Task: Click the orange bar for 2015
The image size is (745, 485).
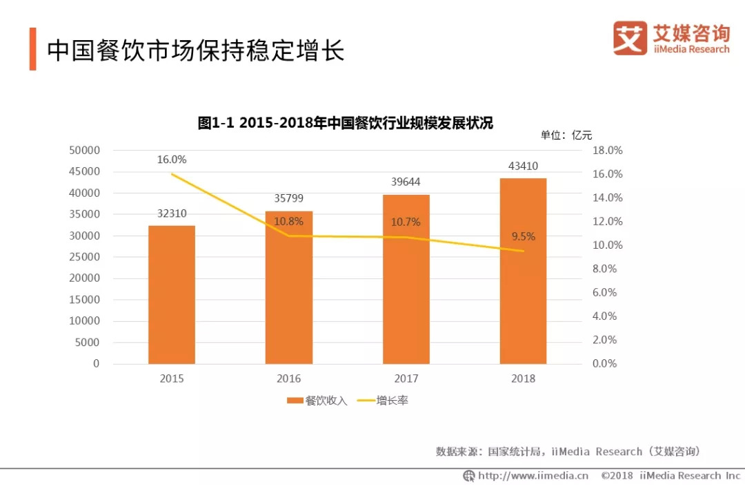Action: pos(172,294)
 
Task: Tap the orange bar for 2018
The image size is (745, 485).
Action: pos(524,271)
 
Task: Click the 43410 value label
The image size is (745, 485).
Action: pos(524,166)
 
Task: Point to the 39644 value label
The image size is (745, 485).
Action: pos(406,182)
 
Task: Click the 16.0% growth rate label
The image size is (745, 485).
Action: pos(172,160)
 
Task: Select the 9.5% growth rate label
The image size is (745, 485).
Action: pos(524,236)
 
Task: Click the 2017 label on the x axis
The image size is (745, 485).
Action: pos(406,379)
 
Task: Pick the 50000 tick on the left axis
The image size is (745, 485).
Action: pos(85,150)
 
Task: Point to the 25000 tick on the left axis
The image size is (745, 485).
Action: pos(85,257)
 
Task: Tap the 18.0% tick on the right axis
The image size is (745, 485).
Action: pos(608,150)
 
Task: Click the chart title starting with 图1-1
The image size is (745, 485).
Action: pos(346,123)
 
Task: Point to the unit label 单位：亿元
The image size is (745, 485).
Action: pos(566,135)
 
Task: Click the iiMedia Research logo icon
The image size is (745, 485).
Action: pos(630,38)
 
